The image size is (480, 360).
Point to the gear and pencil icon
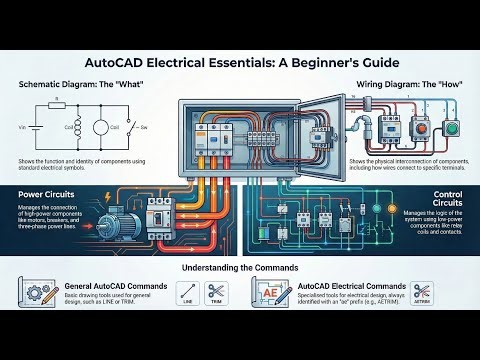pos(38,292)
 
